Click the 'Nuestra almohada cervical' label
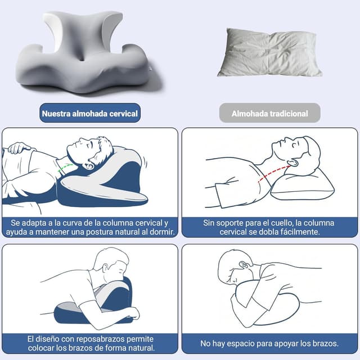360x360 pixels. point(90,113)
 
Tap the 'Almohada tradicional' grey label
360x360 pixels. point(269,113)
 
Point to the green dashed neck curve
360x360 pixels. point(66,167)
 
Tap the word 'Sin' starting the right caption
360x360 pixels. point(209,222)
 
